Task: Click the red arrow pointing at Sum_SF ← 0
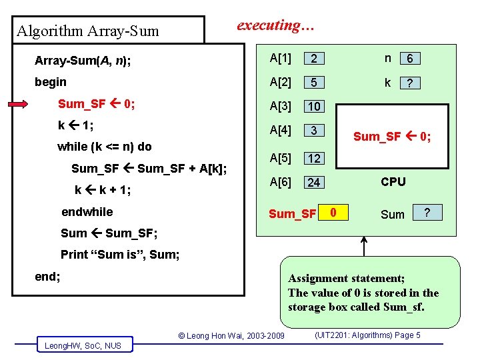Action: point(27,104)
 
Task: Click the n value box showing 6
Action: point(410,59)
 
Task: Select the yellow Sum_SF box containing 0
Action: point(336,213)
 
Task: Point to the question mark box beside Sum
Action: point(427,213)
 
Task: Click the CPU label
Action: point(393,181)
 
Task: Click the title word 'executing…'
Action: point(277,26)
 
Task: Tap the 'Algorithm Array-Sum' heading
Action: point(88,31)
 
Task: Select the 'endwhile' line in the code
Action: point(87,212)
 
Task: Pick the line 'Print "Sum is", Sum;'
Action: point(120,254)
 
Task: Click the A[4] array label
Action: point(280,131)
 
